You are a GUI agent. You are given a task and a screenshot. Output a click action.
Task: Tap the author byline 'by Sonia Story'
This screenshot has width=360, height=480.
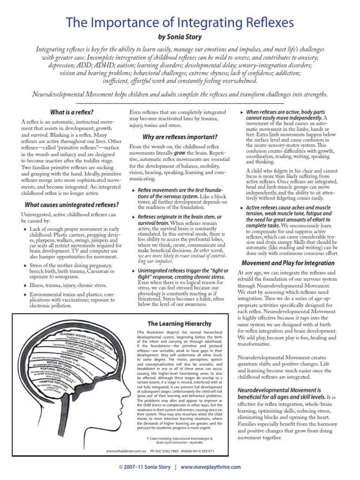tap(180, 37)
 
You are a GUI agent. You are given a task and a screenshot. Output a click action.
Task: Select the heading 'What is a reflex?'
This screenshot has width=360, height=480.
tap(71, 112)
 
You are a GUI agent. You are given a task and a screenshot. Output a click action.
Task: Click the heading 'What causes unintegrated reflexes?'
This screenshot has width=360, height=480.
tap(71, 204)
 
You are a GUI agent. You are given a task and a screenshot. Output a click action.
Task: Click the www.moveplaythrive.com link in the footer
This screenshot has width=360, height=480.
tap(210, 467)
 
